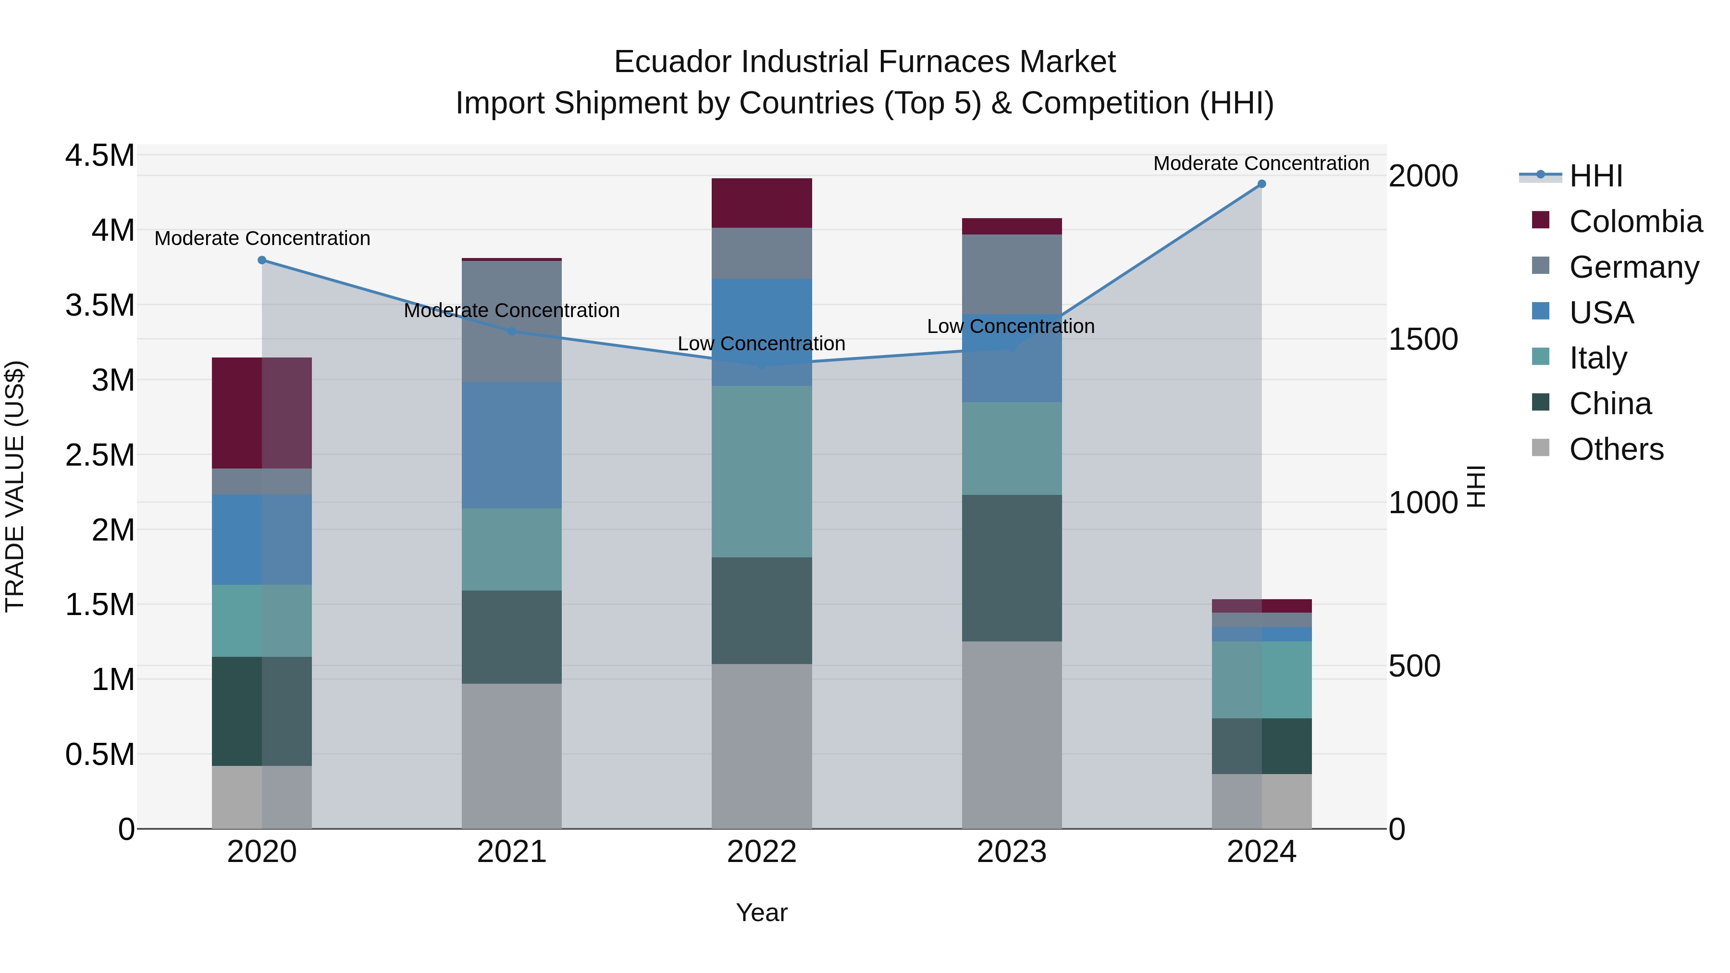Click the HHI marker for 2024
coord(1261,184)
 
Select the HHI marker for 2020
coord(262,260)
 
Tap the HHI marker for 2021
coord(512,331)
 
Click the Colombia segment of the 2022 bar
coord(762,203)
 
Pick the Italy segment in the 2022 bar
coord(762,471)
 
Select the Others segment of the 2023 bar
coord(1012,735)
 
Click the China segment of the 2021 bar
coord(512,637)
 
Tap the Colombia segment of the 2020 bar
coord(262,413)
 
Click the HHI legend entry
coord(1595,176)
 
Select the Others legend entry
coord(1615,449)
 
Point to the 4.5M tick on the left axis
coord(99,156)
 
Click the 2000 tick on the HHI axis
coord(1423,176)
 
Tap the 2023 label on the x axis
coord(1012,852)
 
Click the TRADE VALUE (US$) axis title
coord(15,486)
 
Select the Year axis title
coord(762,912)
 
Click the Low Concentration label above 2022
coord(762,344)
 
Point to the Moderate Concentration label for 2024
coord(1261,163)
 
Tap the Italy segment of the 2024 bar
coord(1261,679)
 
